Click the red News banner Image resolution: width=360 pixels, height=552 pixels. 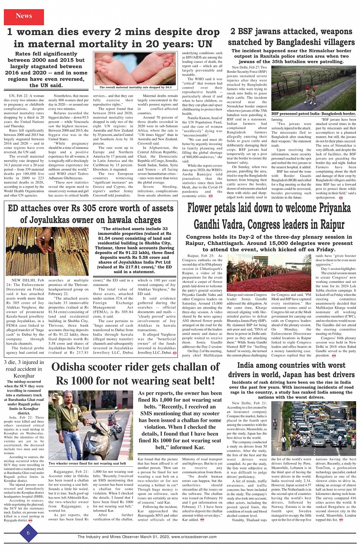[x=24, y=16]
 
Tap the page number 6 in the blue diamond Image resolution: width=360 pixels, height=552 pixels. [x=28, y=533]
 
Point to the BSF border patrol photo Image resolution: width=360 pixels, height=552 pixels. [x=314, y=90]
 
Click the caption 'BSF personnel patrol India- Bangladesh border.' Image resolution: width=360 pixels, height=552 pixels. [x=314, y=113]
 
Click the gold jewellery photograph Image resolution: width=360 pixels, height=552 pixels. [x=47, y=246]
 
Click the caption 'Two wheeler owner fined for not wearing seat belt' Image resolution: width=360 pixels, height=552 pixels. [x=87, y=463]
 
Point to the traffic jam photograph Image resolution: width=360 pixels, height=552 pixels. [x=314, y=428]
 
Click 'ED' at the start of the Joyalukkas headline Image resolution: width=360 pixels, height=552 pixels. [x=13, y=208]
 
